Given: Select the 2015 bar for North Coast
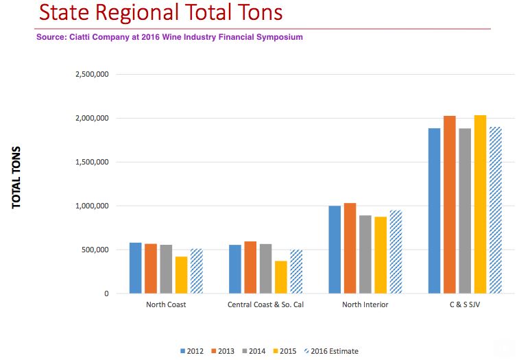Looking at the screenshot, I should click(x=181, y=275).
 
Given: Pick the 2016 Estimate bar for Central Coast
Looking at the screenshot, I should click(x=296, y=272).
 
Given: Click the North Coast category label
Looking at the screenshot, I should click(x=166, y=304).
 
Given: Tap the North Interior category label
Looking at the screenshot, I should click(x=365, y=304).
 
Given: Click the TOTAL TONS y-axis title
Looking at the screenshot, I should click(x=16, y=178).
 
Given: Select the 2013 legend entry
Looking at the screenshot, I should click(x=221, y=351).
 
